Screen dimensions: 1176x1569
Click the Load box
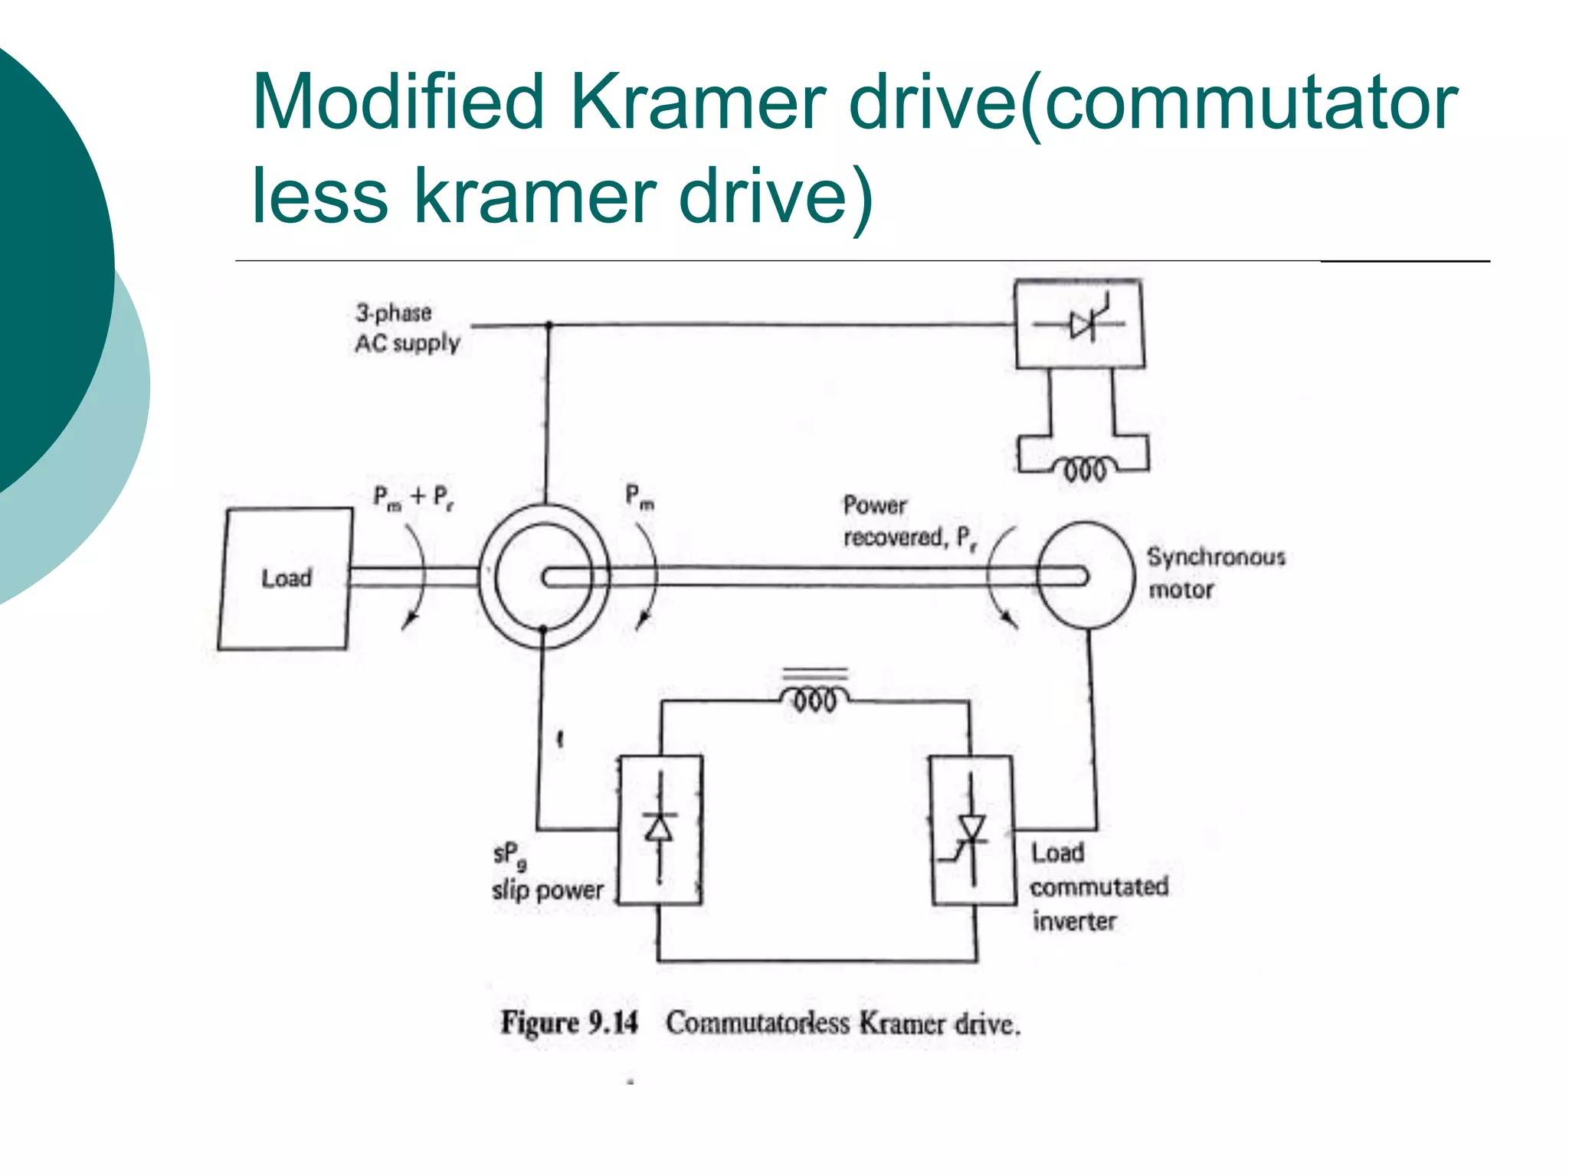pyautogui.click(x=285, y=579)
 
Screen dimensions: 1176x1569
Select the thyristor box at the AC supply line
pyautogui.click(x=1079, y=325)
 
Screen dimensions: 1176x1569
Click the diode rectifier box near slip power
pyautogui.click(x=660, y=830)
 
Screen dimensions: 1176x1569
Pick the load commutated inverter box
pyautogui.click(x=971, y=830)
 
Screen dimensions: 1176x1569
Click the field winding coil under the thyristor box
pyautogui.click(x=1084, y=467)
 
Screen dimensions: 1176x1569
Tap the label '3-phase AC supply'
pyautogui.click(x=407, y=328)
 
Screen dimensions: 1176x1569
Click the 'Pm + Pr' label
pyautogui.click(x=413, y=497)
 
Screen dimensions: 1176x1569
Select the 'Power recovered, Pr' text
pyautogui.click(x=909, y=521)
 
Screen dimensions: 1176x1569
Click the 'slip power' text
pyautogui.click(x=547, y=890)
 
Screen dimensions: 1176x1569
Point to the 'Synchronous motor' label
pyautogui.click(x=1215, y=573)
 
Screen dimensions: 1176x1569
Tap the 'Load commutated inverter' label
pyautogui.click(x=1098, y=887)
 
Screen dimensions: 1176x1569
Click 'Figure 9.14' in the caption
pyautogui.click(x=568, y=1023)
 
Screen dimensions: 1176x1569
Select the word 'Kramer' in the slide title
pyautogui.click(x=697, y=103)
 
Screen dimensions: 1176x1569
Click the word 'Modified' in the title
pyautogui.click(x=398, y=103)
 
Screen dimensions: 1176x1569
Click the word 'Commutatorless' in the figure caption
pyautogui.click(x=757, y=1023)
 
